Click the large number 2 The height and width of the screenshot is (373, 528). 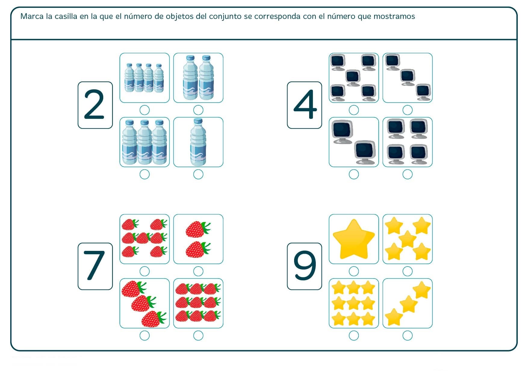point(94,105)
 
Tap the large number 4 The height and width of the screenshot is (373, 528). point(305,105)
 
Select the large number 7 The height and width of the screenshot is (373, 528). point(94,266)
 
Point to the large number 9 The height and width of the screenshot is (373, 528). point(305,266)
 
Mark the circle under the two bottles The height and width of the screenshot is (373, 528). point(198,110)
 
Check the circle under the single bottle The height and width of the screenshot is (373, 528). point(198,174)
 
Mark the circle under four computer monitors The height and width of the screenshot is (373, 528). point(407,174)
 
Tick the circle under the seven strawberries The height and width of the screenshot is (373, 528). point(144,271)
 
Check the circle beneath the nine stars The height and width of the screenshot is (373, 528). point(354,335)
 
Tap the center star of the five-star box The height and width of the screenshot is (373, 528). point(407,239)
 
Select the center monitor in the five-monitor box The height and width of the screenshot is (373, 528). point(353,77)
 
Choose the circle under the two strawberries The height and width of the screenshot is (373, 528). point(198,271)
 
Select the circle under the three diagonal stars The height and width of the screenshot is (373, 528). point(407,335)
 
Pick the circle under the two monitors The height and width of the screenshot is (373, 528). point(354,174)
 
